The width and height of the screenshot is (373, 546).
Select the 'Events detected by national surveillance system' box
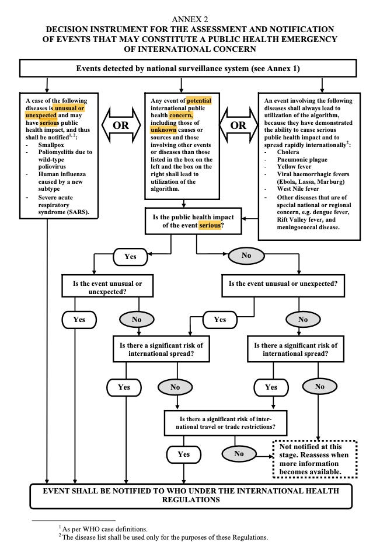point(187,68)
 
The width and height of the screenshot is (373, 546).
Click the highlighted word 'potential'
point(198,101)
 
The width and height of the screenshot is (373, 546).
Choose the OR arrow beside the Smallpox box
point(121,125)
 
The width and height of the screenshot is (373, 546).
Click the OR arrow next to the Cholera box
point(238,125)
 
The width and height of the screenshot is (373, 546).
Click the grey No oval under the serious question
point(246,256)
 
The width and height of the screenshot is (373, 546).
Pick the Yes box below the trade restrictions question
point(184,453)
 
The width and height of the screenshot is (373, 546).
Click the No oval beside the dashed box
point(239,453)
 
